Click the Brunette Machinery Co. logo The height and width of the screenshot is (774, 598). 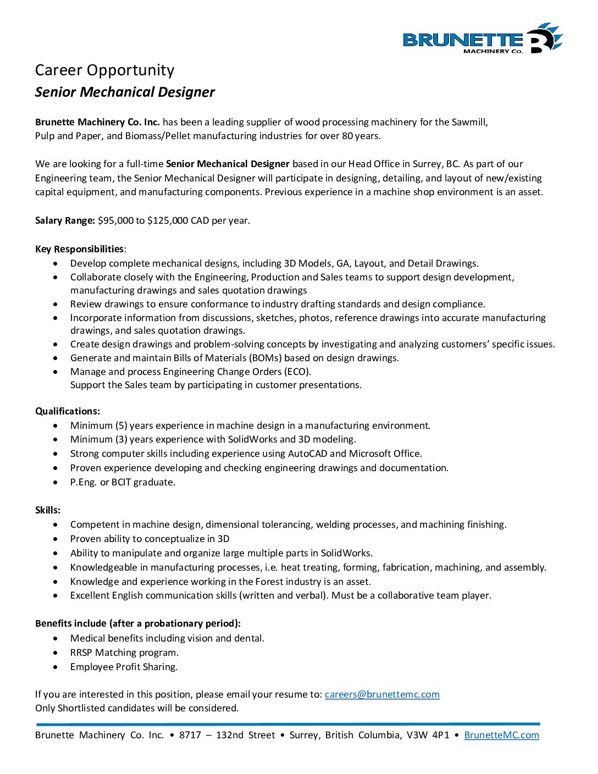483,39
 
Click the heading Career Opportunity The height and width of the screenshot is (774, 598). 104,70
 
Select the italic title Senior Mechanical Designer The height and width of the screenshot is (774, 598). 125,92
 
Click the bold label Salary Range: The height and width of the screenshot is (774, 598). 65,220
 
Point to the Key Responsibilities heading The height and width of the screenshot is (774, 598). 79,249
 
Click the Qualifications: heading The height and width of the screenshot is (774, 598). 68,411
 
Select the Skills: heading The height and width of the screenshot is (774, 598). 48,510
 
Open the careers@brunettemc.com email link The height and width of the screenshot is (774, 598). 382,694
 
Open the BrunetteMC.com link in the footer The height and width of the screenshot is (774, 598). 501,735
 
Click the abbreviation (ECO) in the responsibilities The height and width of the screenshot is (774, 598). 297,372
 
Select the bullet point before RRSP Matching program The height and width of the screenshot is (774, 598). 56,653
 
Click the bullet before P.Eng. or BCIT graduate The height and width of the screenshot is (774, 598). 56,482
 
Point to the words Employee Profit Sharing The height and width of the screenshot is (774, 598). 124,667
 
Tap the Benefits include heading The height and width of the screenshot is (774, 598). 138,623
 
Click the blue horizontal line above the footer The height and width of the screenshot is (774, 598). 287,724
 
